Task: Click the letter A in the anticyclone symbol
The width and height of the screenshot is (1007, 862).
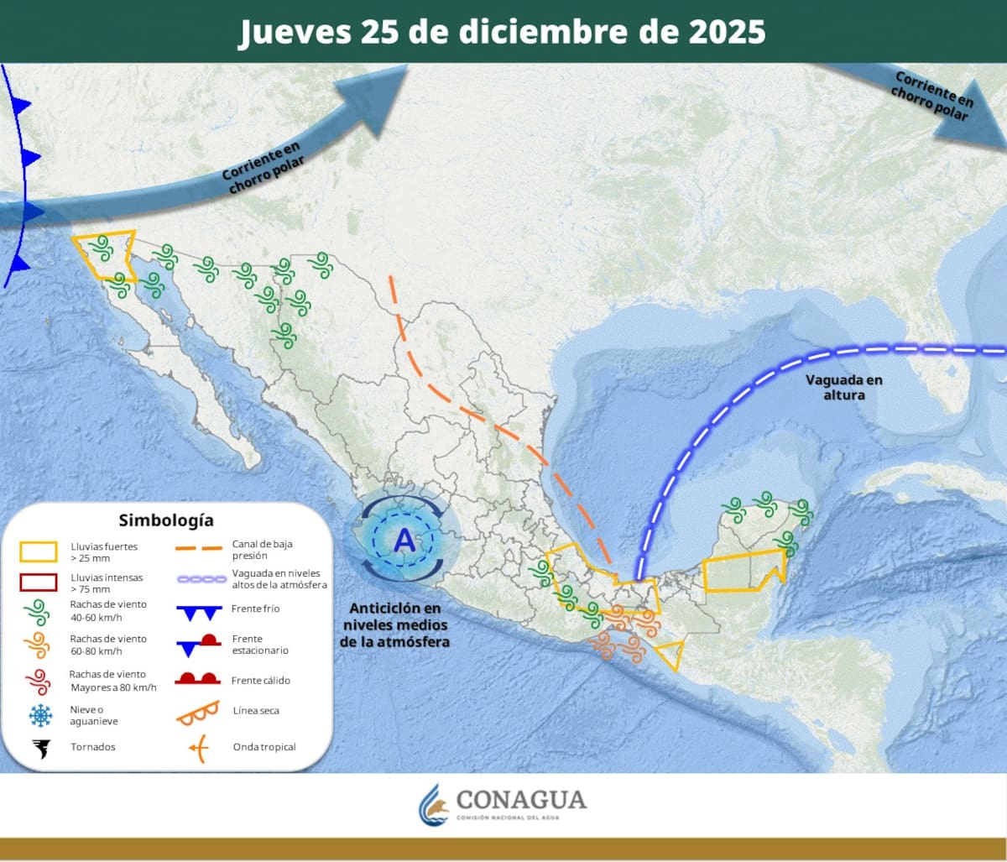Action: point(404,541)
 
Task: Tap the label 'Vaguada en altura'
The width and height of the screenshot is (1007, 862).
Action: point(844,387)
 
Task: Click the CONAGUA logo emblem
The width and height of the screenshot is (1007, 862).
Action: point(435,804)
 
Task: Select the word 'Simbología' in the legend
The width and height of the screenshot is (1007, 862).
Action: point(165,520)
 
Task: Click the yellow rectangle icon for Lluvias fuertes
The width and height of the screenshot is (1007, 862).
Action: point(38,551)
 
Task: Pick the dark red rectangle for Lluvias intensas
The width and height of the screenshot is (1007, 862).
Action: point(38,583)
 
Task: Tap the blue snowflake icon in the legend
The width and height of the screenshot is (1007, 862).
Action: point(39,715)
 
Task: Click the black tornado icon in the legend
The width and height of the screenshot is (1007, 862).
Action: point(39,747)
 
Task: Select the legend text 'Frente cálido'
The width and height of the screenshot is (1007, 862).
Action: point(260,681)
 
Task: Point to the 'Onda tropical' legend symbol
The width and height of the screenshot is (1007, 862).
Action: point(198,747)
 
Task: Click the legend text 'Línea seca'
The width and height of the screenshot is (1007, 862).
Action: point(256,711)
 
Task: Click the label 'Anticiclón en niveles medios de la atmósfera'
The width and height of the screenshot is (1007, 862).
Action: point(394,624)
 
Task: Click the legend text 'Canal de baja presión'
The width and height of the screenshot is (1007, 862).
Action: point(262,550)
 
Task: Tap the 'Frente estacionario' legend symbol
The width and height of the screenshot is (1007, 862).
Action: point(198,645)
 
